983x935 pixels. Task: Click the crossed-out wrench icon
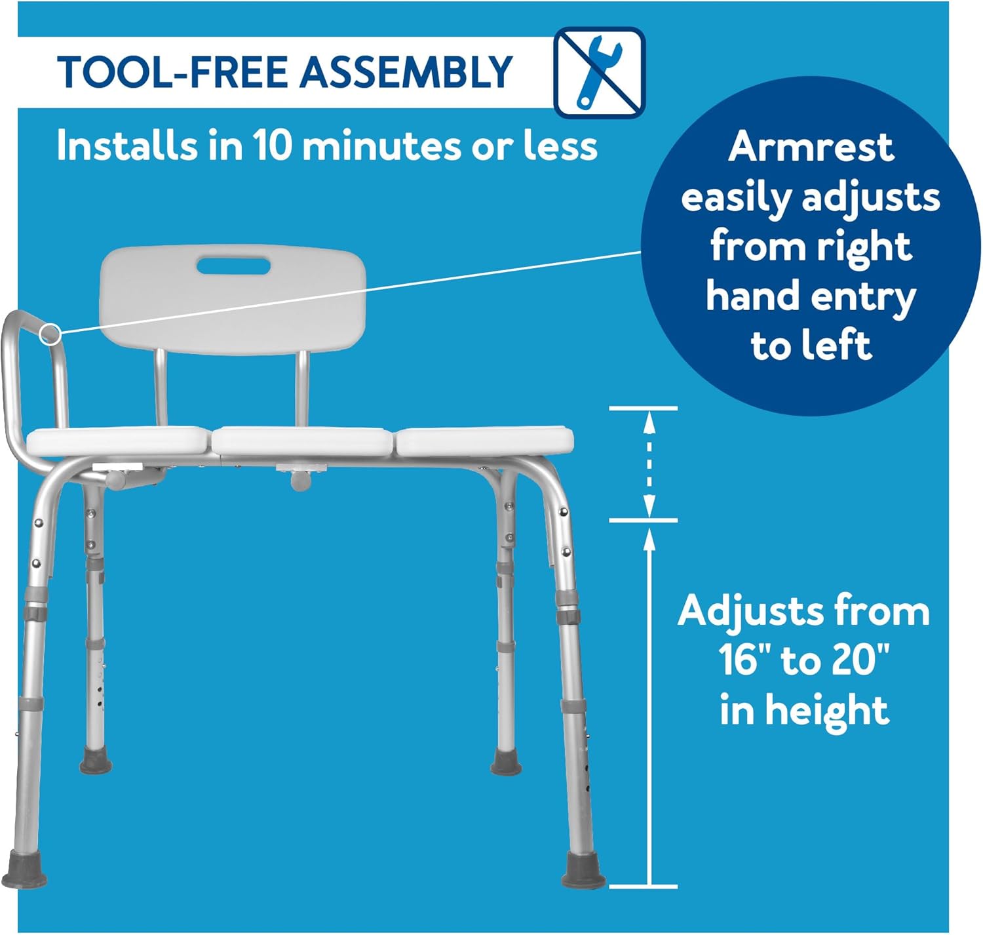click(x=599, y=73)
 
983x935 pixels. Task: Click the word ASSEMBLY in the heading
click(x=406, y=72)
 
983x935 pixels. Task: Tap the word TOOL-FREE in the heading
click(x=172, y=72)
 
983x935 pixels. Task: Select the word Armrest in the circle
click(x=811, y=147)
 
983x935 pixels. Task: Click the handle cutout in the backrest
click(x=233, y=266)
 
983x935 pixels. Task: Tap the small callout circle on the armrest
click(x=50, y=334)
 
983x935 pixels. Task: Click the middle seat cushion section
click(x=302, y=441)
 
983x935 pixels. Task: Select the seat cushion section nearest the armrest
click(x=119, y=441)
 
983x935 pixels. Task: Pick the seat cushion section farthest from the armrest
click(x=484, y=441)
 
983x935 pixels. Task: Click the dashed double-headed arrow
click(x=649, y=464)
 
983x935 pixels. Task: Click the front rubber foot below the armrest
click(x=24, y=870)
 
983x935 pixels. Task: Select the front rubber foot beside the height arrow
click(x=583, y=871)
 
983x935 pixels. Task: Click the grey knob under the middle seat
click(x=301, y=481)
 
